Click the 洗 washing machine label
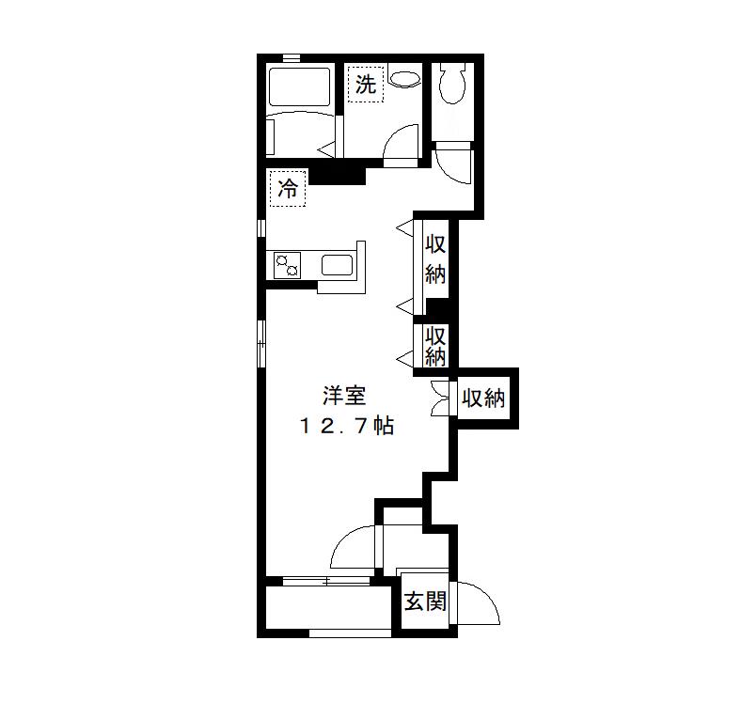pos(366,85)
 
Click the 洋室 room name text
pos(343,397)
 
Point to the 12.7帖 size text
pos(346,426)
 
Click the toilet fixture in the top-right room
pos(453,85)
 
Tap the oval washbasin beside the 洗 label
pos(405,80)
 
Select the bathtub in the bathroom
pos(298,86)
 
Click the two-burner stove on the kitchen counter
pos(288,266)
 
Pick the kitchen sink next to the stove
pos(336,265)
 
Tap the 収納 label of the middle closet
pos(434,346)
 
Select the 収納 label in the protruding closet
pos(482,398)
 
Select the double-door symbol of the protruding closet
pos(440,398)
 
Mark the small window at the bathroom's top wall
pos(292,58)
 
